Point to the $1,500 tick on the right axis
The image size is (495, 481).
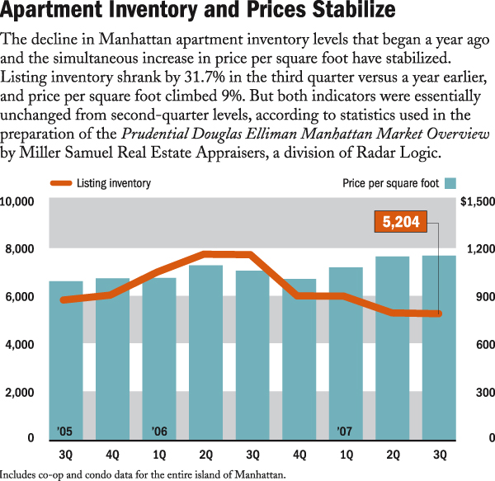point(476,200)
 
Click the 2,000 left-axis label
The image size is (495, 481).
point(20,392)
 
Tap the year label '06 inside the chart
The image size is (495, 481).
point(158,431)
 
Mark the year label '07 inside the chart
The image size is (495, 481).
point(345,431)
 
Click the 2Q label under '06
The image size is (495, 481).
point(205,455)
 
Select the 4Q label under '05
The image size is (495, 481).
point(112,455)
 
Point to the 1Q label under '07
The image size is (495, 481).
point(346,455)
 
